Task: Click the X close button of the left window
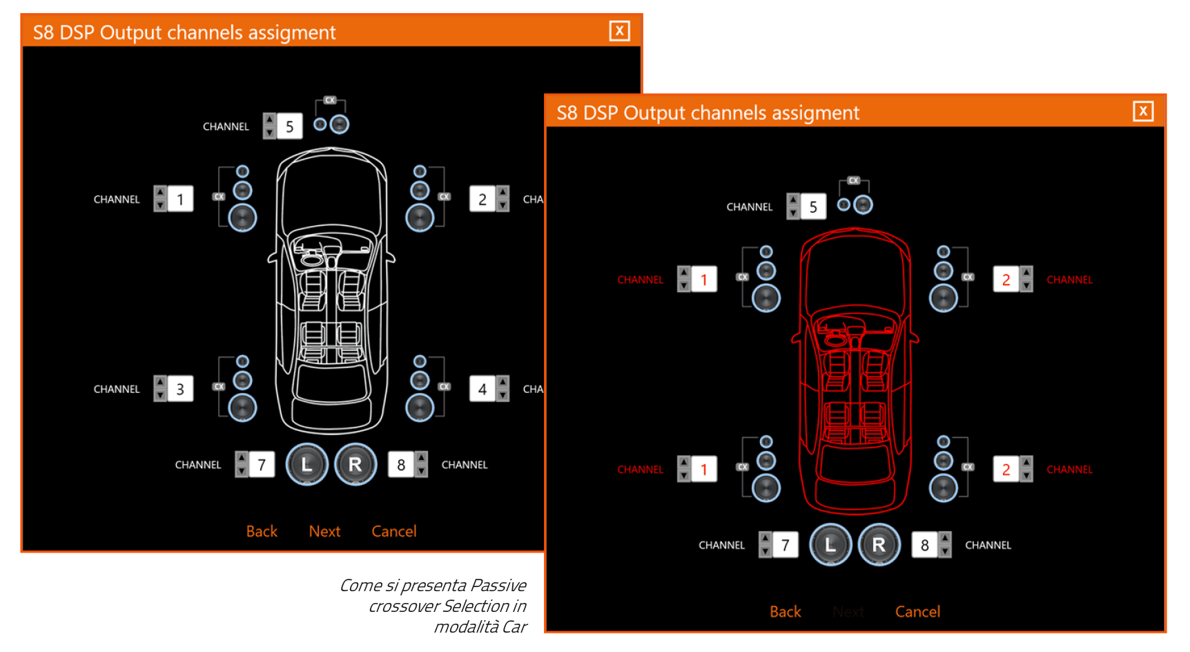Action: pyautogui.click(x=619, y=31)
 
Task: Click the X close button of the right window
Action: pyautogui.click(x=1143, y=111)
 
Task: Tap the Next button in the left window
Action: pyautogui.click(x=324, y=531)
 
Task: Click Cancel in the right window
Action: pyautogui.click(x=917, y=611)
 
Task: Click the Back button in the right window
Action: pyautogui.click(x=785, y=611)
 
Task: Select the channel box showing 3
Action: pyautogui.click(x=180, y=389)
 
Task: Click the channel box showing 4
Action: pyautogui.click(x=482, y=389)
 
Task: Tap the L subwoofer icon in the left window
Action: pyautogui.click(x=306, y=464)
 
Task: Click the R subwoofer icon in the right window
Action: pyautogui.click(x=879, y=544)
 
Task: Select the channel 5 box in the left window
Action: pyautogui.click(x=290, y=126)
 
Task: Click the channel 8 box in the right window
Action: pyautogui.click(x=924, y=545)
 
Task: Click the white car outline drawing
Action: pyautogui.click(x=331, y=290)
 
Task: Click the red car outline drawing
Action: pyautogui.click(x=855, y=371)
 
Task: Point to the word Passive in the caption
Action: pyautogui.click(x=498, y=586)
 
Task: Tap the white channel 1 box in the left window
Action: pyautogui.click(x=180, y=199)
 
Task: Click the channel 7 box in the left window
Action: pyautogui.click(x=262, y=465)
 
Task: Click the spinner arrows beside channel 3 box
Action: pyautogui.click(x=160, y=389)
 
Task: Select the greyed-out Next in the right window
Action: pyautogui.click(x=848, y=611)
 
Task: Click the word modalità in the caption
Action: pyautogui.click(x=466, y=627)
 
